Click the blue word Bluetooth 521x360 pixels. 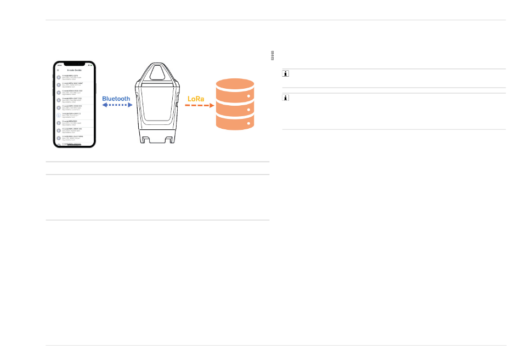click(x=116, y=99)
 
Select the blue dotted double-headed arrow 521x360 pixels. click(x=117, y=105)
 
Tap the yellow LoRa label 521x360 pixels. click(x=196, y=99)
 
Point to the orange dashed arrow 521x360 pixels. click(x=199, y=106)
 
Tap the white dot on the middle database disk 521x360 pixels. click(x=250, y=110)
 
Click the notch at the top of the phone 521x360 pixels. click(x=74, y=64)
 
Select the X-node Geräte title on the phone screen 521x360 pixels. click(x=74, y=70)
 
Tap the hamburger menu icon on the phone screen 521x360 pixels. click(x=58, y=70)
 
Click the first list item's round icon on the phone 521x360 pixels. click(x=59, y=77)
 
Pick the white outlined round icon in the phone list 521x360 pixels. click(x=59, y=116)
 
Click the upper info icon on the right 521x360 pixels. click(x=286, y=74)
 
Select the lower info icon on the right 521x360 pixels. click(x=286, y=98)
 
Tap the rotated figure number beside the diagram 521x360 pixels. click(x=273, y=55)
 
